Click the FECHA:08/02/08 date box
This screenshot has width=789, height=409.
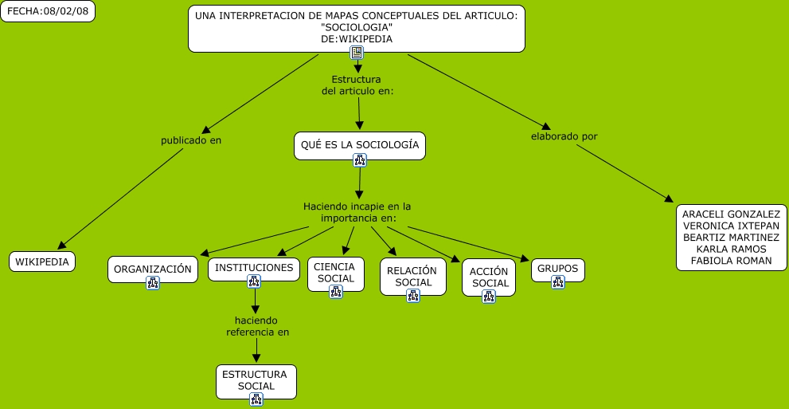[48, 12]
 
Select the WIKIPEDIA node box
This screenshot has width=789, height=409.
[42, 262]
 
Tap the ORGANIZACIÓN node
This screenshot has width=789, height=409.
[153, 269]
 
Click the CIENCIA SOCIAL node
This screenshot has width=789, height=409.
[336, 274]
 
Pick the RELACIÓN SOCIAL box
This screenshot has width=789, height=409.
[413, 277]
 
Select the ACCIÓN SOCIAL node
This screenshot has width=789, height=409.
[489, 277]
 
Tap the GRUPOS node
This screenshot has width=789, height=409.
[557, 270]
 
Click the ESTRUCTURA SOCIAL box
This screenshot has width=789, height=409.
[256, 381]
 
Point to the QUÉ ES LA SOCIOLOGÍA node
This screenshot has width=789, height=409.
[360, 146]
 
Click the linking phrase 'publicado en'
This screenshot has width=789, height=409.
[191, 140]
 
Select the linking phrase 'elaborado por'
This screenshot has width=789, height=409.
[564, 136]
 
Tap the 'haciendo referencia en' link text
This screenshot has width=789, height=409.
[258, 326]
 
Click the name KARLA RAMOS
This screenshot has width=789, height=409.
[731, 249]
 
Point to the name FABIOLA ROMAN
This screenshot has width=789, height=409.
[731, 261]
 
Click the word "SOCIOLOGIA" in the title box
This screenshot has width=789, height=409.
[356, 27]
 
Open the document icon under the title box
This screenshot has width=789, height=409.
[357, 53]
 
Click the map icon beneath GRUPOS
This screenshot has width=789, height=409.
[557, 282]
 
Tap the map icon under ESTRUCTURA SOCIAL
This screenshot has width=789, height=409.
[256, 399]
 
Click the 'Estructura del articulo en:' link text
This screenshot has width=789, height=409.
[357, 85]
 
